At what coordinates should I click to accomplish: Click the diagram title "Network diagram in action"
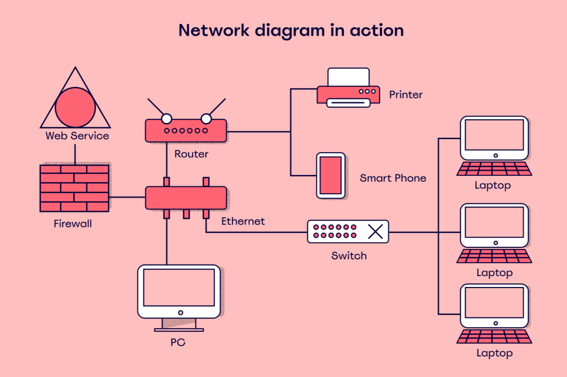(x=291, y=31)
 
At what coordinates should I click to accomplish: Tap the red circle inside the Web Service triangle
(x=75, y=107)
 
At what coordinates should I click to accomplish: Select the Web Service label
(x=77, y=136)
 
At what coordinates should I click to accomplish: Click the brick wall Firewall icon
(x=74, y=188)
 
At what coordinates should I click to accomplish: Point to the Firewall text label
(x=73, y=224)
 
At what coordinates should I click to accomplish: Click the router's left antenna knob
(x=167, y=119)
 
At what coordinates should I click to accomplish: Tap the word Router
(x=191, y=154)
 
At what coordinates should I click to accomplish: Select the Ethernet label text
(x=243, y=221)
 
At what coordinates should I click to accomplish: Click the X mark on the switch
(x=375, y=232)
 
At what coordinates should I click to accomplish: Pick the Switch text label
(x=349, y=256)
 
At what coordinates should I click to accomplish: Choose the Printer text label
(x=406, y=95)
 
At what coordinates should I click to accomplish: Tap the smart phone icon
(x=331, y=175)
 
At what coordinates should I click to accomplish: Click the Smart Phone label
(x=393, y=178)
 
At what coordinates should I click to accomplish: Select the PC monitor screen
(x=179, y=288)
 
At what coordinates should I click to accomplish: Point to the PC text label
(x=178, y=342)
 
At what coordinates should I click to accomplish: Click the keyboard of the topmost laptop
(x=494, y=169)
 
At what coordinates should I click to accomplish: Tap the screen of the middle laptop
(x=494, y=222)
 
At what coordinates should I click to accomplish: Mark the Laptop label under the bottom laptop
(x=494, y=353)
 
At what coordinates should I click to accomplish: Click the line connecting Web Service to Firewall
(x=75, y=154)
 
